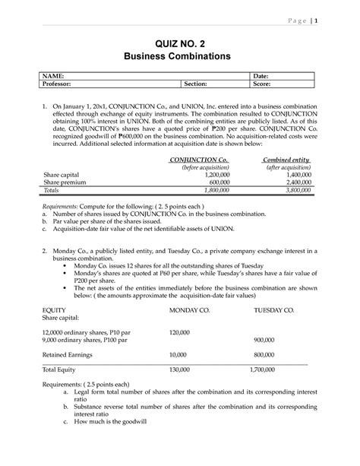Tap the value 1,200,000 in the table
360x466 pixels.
pos(217,174)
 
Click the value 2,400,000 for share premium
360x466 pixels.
pos(292,182)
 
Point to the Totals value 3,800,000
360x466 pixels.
pos(292,191)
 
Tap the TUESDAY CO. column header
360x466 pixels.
pos(269,311)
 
